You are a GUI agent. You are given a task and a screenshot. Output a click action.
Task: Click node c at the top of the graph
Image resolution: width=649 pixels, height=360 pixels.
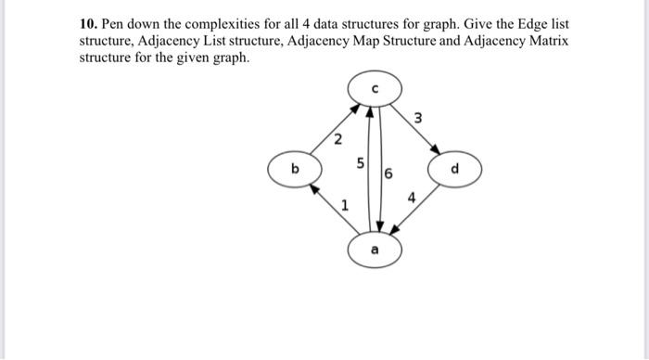click(x=374, y=89)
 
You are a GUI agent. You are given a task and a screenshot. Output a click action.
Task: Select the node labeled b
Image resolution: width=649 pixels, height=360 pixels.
click(x=295, y=170)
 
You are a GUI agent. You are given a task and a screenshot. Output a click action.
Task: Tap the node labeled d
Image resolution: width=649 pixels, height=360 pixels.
click(x=453, y=170)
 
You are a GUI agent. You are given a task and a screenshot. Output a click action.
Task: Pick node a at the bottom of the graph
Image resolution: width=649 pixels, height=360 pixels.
click(x=374, y=250)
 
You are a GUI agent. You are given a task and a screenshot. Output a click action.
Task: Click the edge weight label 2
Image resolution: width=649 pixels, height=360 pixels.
click(x=337, y=140)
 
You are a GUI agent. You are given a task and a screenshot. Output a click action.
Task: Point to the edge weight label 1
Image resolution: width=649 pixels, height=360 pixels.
click(x=344, y=206)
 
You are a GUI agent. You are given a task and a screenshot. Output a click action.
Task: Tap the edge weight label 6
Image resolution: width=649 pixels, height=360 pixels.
click(x=388, y=174)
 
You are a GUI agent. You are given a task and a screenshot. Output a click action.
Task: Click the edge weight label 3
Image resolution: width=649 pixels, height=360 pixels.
click(x=418, y=119)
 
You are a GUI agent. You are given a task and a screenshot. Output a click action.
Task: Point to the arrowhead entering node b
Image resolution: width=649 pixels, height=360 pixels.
click(x=314, y=186)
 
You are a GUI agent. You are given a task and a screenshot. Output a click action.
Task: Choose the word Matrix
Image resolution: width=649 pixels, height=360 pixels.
click(x=548, y=42)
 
